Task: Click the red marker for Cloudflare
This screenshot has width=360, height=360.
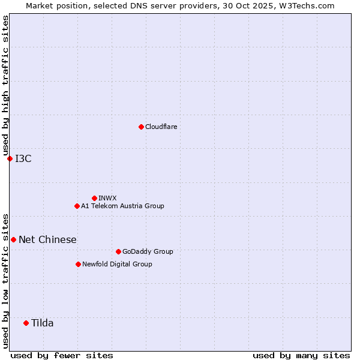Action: [141, 127]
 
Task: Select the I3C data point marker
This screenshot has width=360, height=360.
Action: [10, 158]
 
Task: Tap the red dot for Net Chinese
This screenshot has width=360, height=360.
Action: [13, 239]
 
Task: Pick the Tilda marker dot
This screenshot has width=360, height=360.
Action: [26, 323]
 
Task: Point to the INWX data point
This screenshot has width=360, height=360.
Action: [94, 198]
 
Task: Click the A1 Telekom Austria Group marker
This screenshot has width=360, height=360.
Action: [77, 206]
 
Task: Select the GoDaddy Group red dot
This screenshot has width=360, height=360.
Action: [118, 251]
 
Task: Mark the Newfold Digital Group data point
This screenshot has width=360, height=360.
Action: [78, 264]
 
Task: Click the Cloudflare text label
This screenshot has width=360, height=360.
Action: [161, 127]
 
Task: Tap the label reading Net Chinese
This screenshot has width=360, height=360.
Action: [47, 239]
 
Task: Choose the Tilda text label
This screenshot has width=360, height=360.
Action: [42, 323]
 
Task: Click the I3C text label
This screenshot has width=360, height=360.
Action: [23, 158]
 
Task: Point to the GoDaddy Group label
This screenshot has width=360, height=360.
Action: [148, 251]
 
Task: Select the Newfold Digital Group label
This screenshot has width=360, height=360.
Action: [117, 264]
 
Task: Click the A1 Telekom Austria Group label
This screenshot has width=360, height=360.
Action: [122, 206]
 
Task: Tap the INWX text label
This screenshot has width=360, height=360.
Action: [107, 198]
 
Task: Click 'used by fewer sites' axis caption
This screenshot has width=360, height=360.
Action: [62, 355]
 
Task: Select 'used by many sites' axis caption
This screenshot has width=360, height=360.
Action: [301, 355]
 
